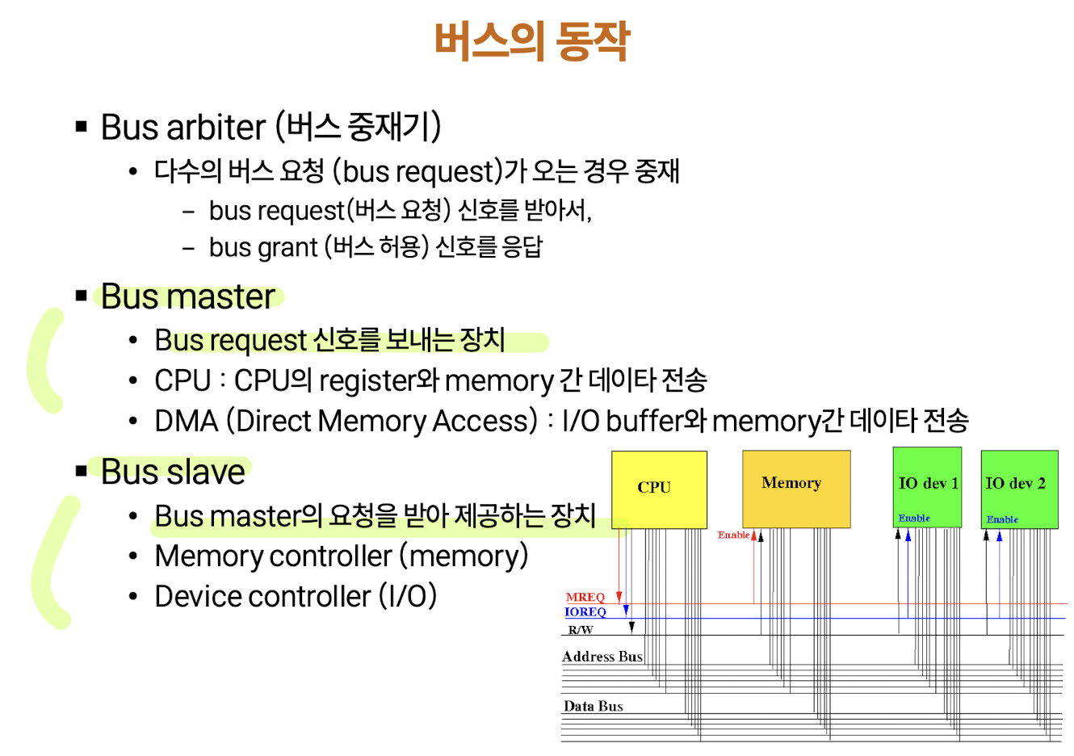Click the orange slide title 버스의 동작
click(531, 41)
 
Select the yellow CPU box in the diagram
click(658, 489)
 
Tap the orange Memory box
click(795, 489)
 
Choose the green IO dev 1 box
click(927, 487)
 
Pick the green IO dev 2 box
click(1018, 489)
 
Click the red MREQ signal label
click(585, 598)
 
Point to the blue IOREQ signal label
click(585, 612)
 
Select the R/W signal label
click(580, 630)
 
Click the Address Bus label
click(602, 657)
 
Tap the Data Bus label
click(593, 706)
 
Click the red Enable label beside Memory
click(733, 535)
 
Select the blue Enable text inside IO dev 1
click(914, 519)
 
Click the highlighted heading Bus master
click(187, 296)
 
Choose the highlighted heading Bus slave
click(173, 472)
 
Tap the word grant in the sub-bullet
click(287, 247)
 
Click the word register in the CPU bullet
click(367, 380)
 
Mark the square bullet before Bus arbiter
click(81, 126)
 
